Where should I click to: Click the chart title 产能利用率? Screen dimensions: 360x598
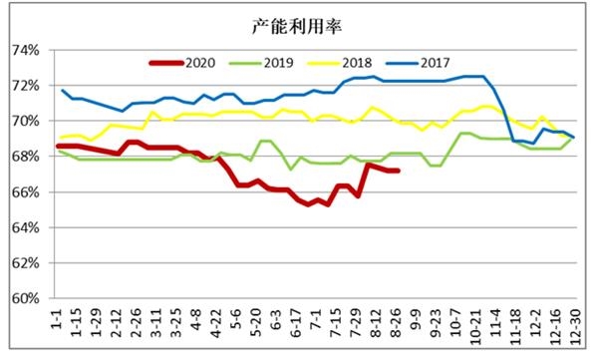(296, 25)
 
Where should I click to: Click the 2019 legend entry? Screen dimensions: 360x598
(263, 62)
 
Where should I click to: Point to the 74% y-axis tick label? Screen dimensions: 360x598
(25, 50)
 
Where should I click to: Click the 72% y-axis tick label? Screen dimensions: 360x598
(25, 86)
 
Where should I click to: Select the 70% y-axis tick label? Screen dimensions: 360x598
(25, 121)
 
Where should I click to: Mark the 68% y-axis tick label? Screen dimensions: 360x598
(25, 157)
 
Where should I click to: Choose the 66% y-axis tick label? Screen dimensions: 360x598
(25, 192)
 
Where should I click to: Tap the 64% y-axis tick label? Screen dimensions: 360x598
(25, 227)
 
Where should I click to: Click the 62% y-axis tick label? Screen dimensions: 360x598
(25, 263)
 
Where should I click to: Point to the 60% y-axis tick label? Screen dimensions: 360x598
(25, 298)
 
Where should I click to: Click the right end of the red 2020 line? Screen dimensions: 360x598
(399, 171)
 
